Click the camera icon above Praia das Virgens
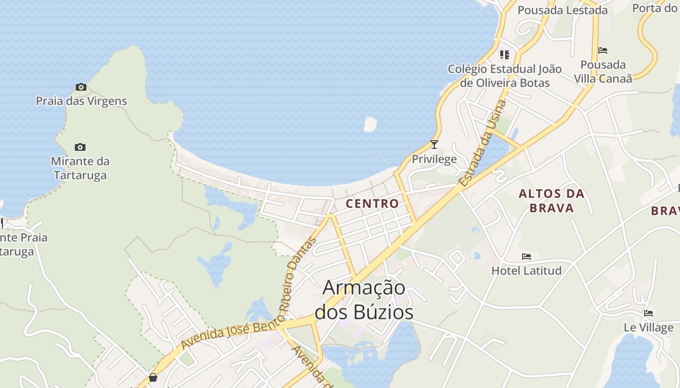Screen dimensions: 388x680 coord(81,87)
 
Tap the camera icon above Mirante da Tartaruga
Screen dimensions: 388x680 coord(80,147)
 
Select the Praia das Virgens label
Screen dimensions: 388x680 coord(81,101)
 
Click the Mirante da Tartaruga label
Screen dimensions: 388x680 coord(80,168)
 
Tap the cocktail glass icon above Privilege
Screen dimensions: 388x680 coord(434,145)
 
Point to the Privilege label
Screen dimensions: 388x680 coord(434,159)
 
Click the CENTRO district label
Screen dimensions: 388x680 coord(372,204)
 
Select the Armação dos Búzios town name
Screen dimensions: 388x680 coord(364,300)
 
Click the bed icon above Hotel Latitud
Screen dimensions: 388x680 coord(527,257)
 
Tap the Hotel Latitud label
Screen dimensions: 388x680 coord(527,270)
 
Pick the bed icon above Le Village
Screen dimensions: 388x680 coord(648,313)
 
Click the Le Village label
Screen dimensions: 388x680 coord(648,327)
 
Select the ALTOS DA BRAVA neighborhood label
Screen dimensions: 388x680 coord(551,201)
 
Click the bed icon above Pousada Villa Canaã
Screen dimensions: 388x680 coord(603,50)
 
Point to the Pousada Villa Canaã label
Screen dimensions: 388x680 coord(603,71)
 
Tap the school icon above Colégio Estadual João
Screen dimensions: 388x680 coord(505,54)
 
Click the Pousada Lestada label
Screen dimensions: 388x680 coord(562,10)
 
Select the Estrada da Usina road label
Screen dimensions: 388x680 coord(483,144)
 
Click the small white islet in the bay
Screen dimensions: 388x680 coord(370,124)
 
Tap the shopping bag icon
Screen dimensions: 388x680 coord(153,377)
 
